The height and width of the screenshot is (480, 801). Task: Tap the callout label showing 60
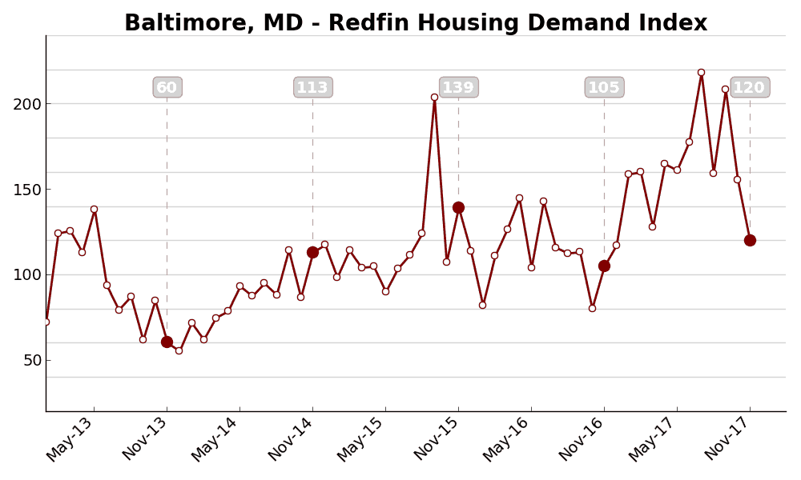pos(167,88)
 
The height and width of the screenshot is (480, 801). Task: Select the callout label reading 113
pos(312,88)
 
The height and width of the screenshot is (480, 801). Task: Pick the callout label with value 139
pos(458,88)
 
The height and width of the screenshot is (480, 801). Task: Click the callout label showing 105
pos(604,88)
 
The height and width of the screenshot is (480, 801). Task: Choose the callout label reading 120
pos(750,88)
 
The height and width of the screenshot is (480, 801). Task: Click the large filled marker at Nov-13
pos(167,342)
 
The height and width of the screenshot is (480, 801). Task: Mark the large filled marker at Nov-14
pos(312,252)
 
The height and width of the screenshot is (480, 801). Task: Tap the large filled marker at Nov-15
pos(458,207)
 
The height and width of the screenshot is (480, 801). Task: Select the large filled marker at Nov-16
pos(604,266)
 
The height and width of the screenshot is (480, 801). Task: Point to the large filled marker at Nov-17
pos(750,240)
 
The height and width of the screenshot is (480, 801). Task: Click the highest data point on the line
pos(701,72)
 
